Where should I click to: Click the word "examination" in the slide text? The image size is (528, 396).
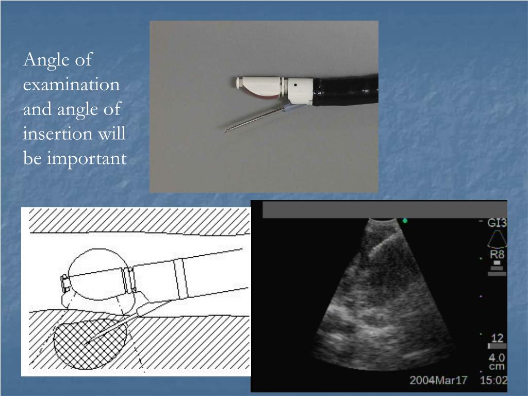[71, 85]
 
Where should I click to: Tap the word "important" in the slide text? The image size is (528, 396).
[87, 158]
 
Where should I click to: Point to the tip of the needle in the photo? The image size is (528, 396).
[226, 131]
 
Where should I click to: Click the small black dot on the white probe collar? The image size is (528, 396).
[295, 82]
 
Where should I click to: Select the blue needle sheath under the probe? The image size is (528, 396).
[290, 108]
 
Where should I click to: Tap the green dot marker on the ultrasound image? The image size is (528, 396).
[405, 221]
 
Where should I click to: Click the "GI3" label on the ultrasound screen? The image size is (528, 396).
[498, 223]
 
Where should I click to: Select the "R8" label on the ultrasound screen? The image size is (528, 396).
[497, 254]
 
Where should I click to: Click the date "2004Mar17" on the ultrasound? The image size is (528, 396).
[438, 381]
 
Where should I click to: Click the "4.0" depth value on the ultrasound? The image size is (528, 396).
[498, 357]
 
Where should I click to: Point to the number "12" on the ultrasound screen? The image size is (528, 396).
[498, 338]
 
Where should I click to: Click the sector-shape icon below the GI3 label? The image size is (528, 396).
[497, 238]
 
